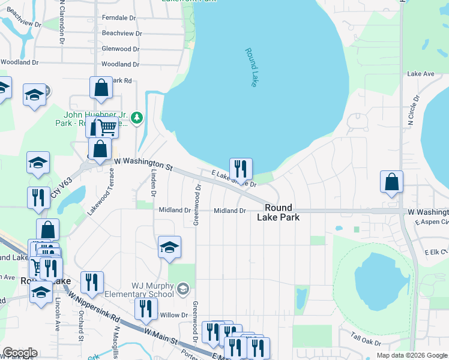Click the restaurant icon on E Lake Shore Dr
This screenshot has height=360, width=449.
241,169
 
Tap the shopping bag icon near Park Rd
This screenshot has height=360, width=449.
101,88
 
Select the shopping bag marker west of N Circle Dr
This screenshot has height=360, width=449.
391,182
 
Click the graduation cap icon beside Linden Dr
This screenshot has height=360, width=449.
170,246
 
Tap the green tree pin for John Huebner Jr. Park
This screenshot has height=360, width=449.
137,117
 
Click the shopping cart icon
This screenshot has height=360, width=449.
107,127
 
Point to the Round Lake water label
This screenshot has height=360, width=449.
251,68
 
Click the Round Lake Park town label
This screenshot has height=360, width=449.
279,213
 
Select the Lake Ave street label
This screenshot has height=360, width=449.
420,74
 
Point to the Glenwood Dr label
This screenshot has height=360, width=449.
121,49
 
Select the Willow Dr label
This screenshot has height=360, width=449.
174,315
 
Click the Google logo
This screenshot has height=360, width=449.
19,352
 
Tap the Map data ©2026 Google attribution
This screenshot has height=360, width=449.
411,355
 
